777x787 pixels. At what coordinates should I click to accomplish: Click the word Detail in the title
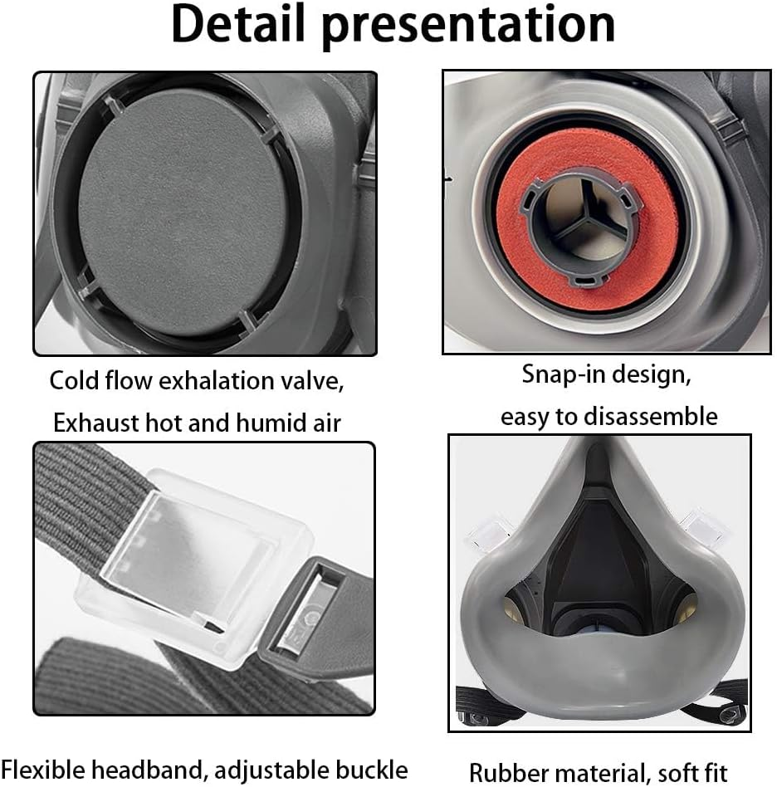[237, 25]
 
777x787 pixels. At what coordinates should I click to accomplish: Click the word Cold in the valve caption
[76, 381]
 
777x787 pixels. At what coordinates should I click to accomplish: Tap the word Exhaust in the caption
[91, 423]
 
